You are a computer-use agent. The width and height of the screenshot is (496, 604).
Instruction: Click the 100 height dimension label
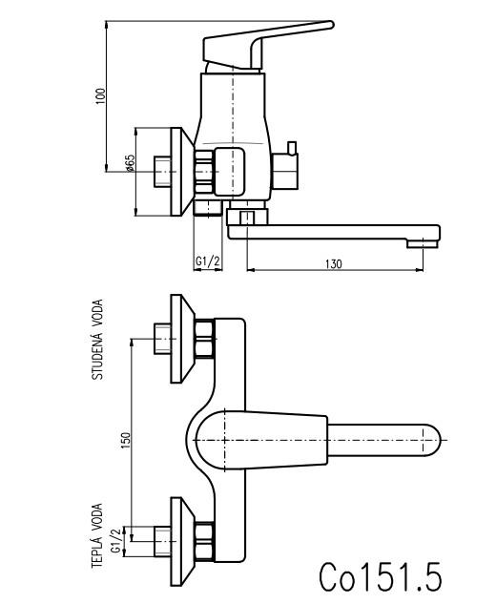[x=100, y=96]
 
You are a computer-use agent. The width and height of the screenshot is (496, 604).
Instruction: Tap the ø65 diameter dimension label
[x=130, y=163]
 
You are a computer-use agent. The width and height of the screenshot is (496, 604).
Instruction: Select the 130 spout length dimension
[x=334, y=264]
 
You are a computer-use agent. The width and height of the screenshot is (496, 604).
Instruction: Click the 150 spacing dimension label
[x=126, y=440]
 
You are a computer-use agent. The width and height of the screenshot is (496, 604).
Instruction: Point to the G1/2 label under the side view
[x=208, y=261]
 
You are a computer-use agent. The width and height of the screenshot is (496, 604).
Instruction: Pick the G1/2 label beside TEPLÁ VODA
[x=116, y=540]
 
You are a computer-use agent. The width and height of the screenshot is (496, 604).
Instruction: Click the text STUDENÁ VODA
[x=97, y=340]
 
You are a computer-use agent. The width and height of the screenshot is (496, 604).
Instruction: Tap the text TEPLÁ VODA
[x=97, y=535]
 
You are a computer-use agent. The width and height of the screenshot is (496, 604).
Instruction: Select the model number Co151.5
[x=380, y=576]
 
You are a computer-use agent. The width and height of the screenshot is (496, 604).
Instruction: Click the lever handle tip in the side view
[x=330, y=25]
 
